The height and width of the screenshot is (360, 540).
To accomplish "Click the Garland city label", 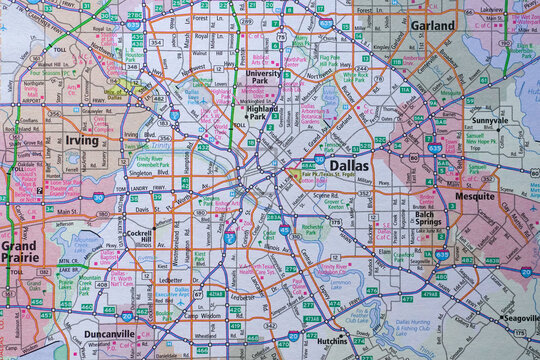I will click(431, 25).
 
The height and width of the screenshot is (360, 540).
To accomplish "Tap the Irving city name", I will click(82, 141).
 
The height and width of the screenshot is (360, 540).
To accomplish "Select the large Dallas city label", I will click(347, 166).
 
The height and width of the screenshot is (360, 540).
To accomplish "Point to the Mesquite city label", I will click(475, 196).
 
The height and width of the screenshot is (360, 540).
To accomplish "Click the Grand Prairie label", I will click(20, 251).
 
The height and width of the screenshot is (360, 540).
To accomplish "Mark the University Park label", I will click(264, 78).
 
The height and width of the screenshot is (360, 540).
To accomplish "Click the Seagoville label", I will click(519, 317).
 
